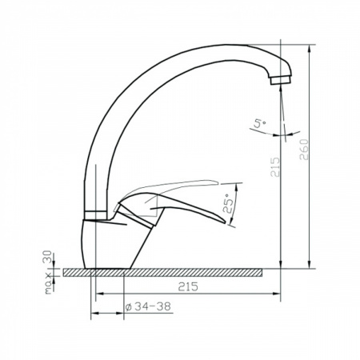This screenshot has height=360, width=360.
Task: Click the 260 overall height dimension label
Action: [x=304, y=150]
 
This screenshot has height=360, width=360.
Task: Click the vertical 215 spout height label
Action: [x=275, y=167]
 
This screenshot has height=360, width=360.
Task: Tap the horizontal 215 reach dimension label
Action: [x=188, y=286]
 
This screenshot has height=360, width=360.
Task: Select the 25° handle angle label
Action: [x=228, y=203]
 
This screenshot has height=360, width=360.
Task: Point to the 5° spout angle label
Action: [x=260, y=124]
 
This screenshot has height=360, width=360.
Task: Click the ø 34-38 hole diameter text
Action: [x=148, y=306]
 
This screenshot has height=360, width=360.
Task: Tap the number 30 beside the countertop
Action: [x=47, y=257]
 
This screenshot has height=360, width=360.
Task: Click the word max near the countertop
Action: [x=48, y=283]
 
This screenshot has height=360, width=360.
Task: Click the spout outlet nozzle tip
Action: [x=280, y=80]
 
